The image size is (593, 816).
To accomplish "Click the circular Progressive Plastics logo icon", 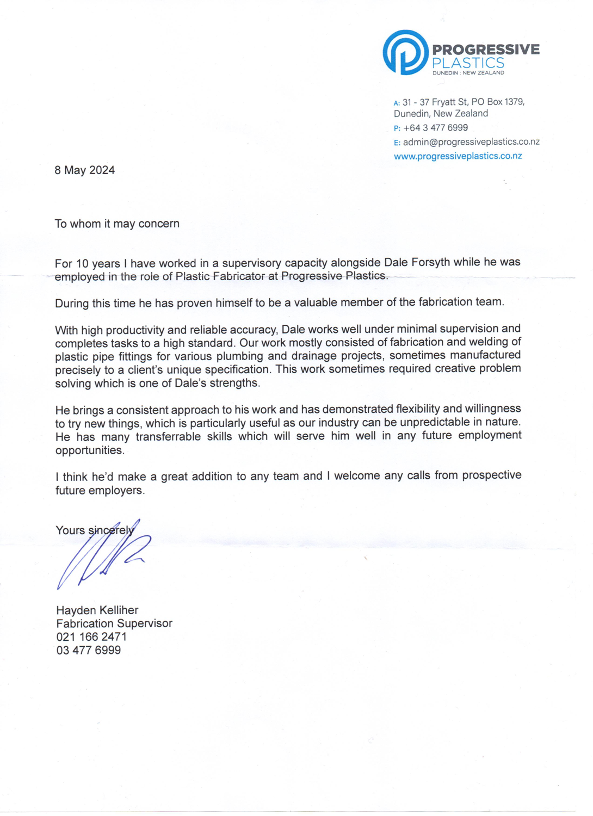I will pyautogui.click(x=405, y=52).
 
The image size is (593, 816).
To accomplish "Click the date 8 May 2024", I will pyautogui.click(x=84, y=170).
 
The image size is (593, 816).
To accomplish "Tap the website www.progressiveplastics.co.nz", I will pyautogui.click(x=458, y=156).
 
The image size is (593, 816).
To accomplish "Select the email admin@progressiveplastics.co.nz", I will pyautogui.click(x=471, y=142).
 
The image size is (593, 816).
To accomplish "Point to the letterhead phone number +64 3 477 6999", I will pyautogui.click(x=435, y=128).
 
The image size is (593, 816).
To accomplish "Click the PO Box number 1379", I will pyautogui.click(x=514, y=102).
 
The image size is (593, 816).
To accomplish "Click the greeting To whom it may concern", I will pyautogui.click(x=117, y=224).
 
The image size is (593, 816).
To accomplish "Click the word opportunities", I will pyautogui.click(x=90, y=450).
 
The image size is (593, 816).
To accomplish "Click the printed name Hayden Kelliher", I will pyautogui.click(x=97, y=610).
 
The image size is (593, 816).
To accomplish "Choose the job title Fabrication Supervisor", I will pyautogui.click(x=114, y=623).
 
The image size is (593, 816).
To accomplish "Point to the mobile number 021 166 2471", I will pyautogui.click(x=91, y=637).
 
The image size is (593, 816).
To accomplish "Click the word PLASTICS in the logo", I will pyautogui.click(x=468, y=63).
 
